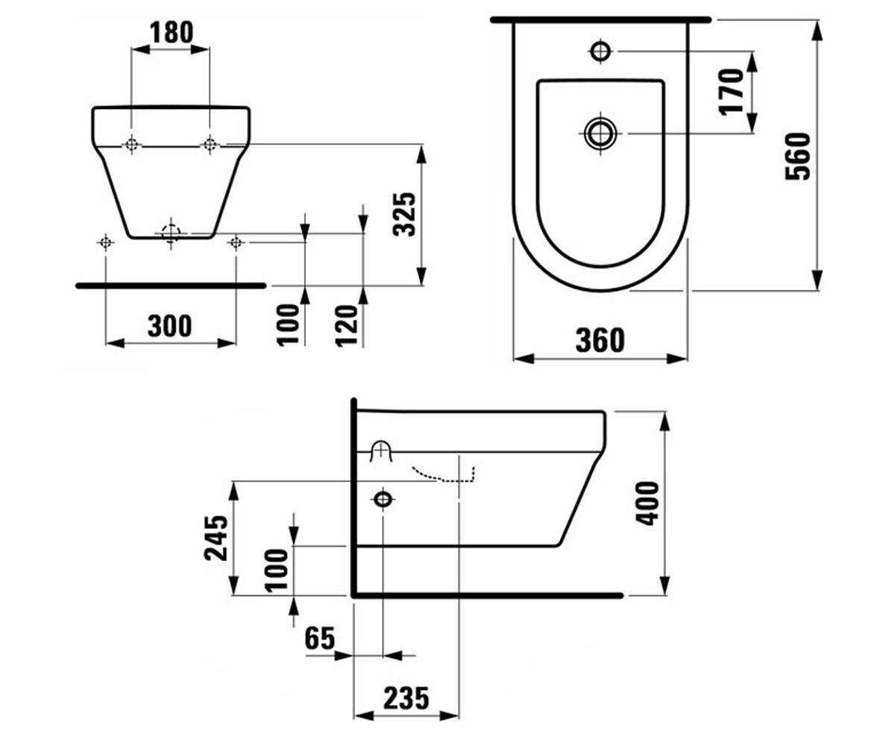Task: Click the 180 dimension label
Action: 172,33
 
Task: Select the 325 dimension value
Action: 405,214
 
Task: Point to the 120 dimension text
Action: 346,325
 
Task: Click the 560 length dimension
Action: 798,157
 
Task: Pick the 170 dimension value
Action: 731,92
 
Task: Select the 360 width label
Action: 600,340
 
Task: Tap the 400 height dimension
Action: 647,504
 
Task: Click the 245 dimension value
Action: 216,538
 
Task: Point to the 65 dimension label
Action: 319,638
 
